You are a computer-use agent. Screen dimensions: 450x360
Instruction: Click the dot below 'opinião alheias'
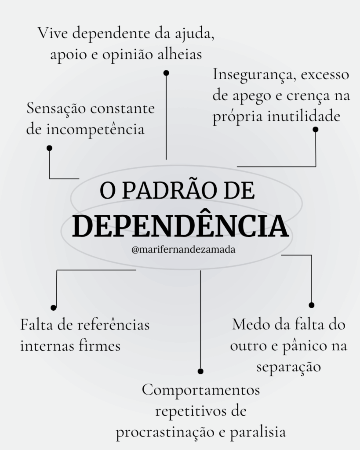166,73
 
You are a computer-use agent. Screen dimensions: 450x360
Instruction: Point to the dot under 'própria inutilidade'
316,129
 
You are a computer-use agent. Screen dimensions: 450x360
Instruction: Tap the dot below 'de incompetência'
49,148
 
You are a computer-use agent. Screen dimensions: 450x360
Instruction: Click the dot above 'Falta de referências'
54,308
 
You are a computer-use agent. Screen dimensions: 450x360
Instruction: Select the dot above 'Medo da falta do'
312,305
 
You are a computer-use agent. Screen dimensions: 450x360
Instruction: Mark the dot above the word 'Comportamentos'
201,371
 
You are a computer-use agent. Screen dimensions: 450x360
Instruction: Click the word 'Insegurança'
250,75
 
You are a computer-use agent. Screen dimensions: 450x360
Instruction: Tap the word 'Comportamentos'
201,390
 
